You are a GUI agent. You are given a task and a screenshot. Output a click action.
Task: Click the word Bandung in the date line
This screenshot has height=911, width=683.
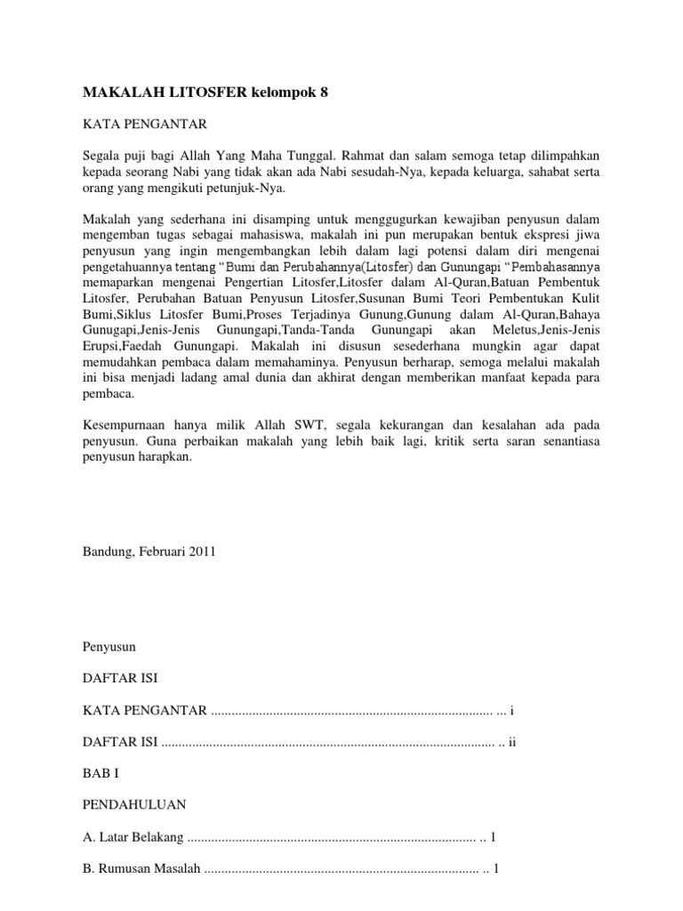tap(107, 551)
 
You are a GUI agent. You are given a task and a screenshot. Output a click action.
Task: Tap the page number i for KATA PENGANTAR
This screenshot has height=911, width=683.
tap(511, 710)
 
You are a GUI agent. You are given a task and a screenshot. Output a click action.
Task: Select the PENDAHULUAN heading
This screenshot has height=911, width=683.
tap(133, 805)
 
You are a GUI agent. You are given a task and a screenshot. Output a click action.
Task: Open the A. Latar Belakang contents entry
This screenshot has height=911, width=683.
tap(133, 837)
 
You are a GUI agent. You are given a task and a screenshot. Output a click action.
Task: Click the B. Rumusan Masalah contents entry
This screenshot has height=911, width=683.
tap(141, 869)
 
